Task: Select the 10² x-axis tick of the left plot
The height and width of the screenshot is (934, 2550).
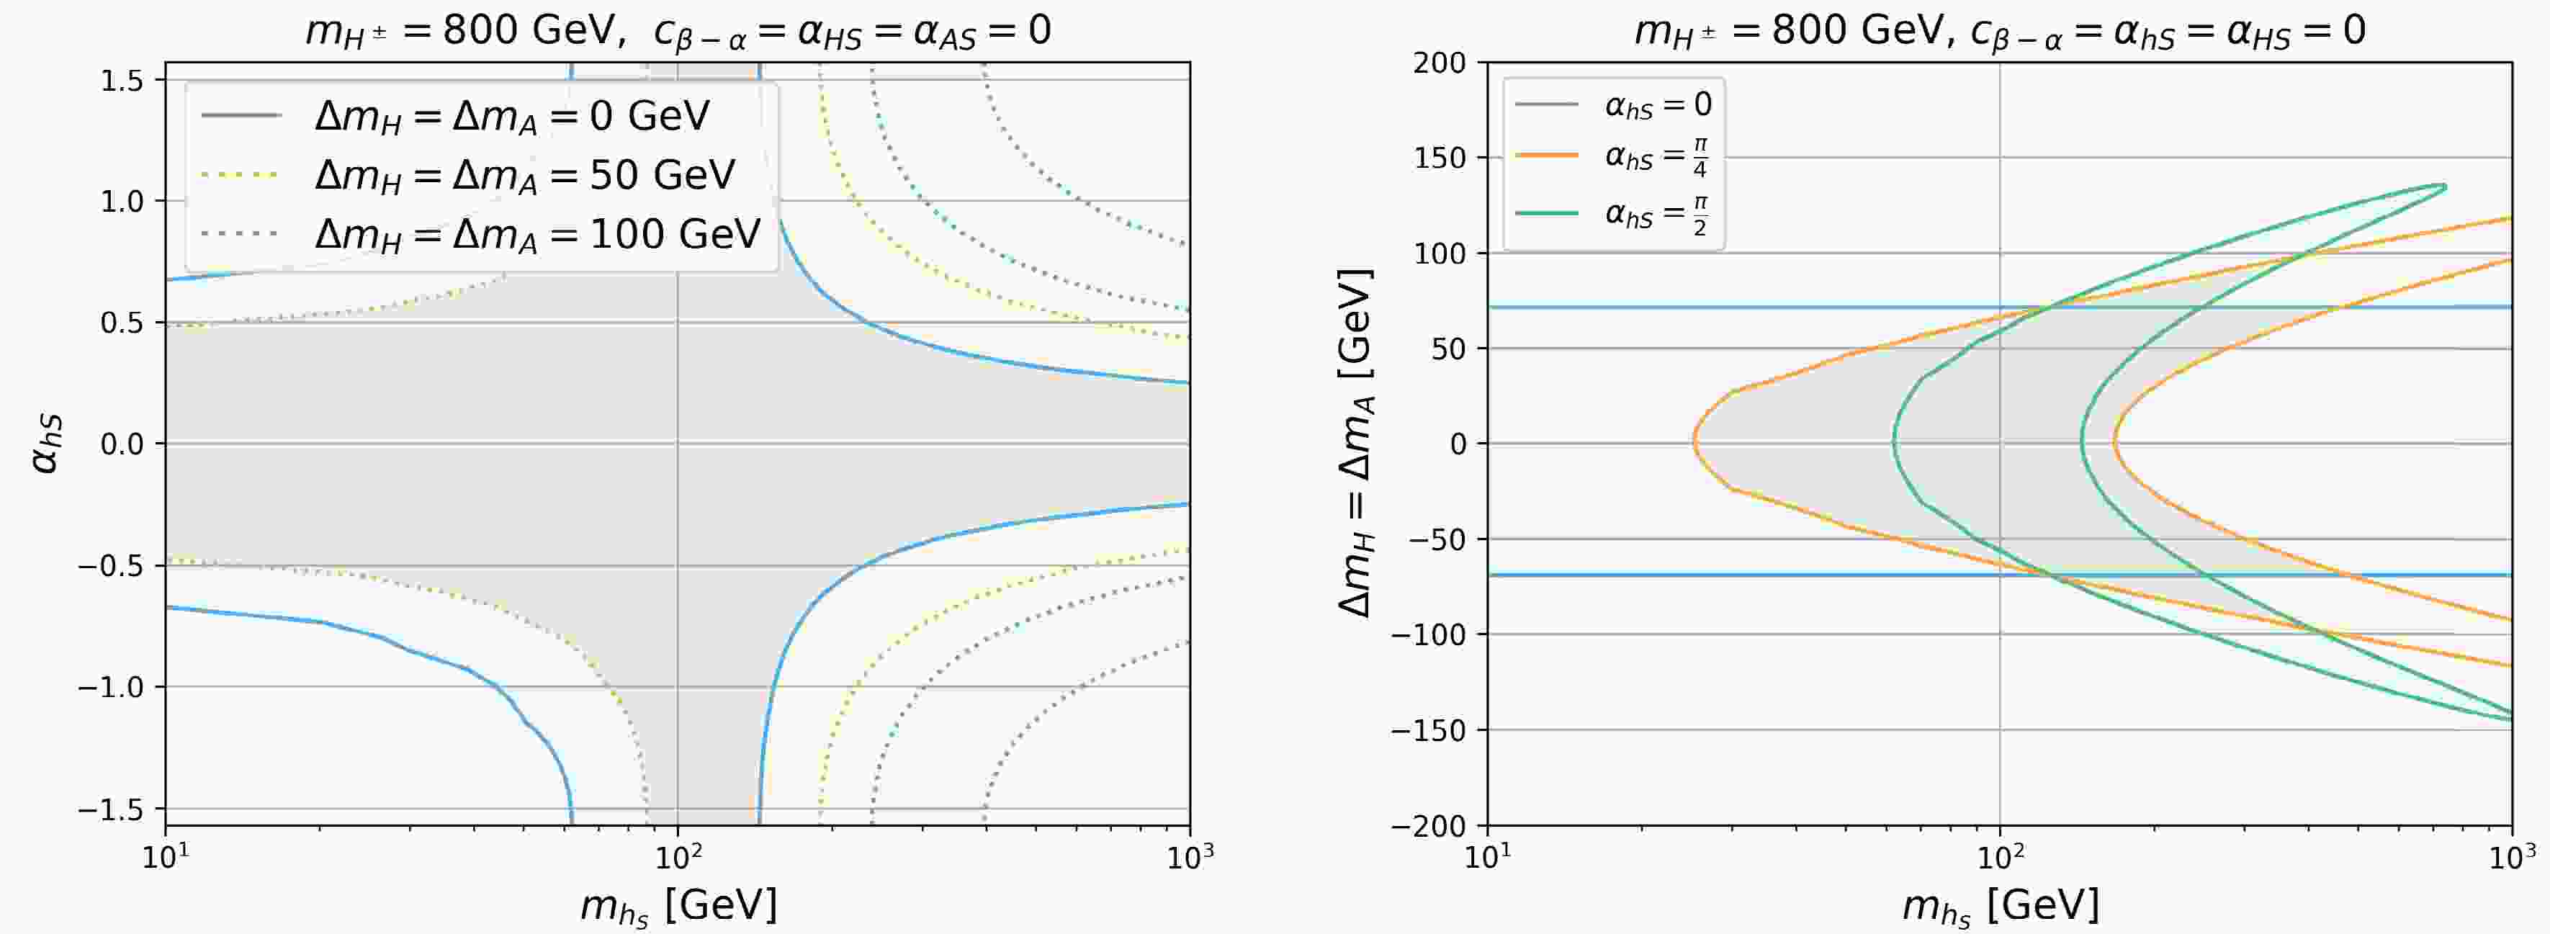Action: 677,857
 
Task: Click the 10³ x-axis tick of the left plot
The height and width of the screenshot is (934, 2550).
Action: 1189,857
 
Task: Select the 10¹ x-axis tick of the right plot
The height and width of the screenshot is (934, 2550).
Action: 1487,857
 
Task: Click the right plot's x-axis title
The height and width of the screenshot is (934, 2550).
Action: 2000,903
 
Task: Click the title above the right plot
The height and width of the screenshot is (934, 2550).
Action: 2000,32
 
